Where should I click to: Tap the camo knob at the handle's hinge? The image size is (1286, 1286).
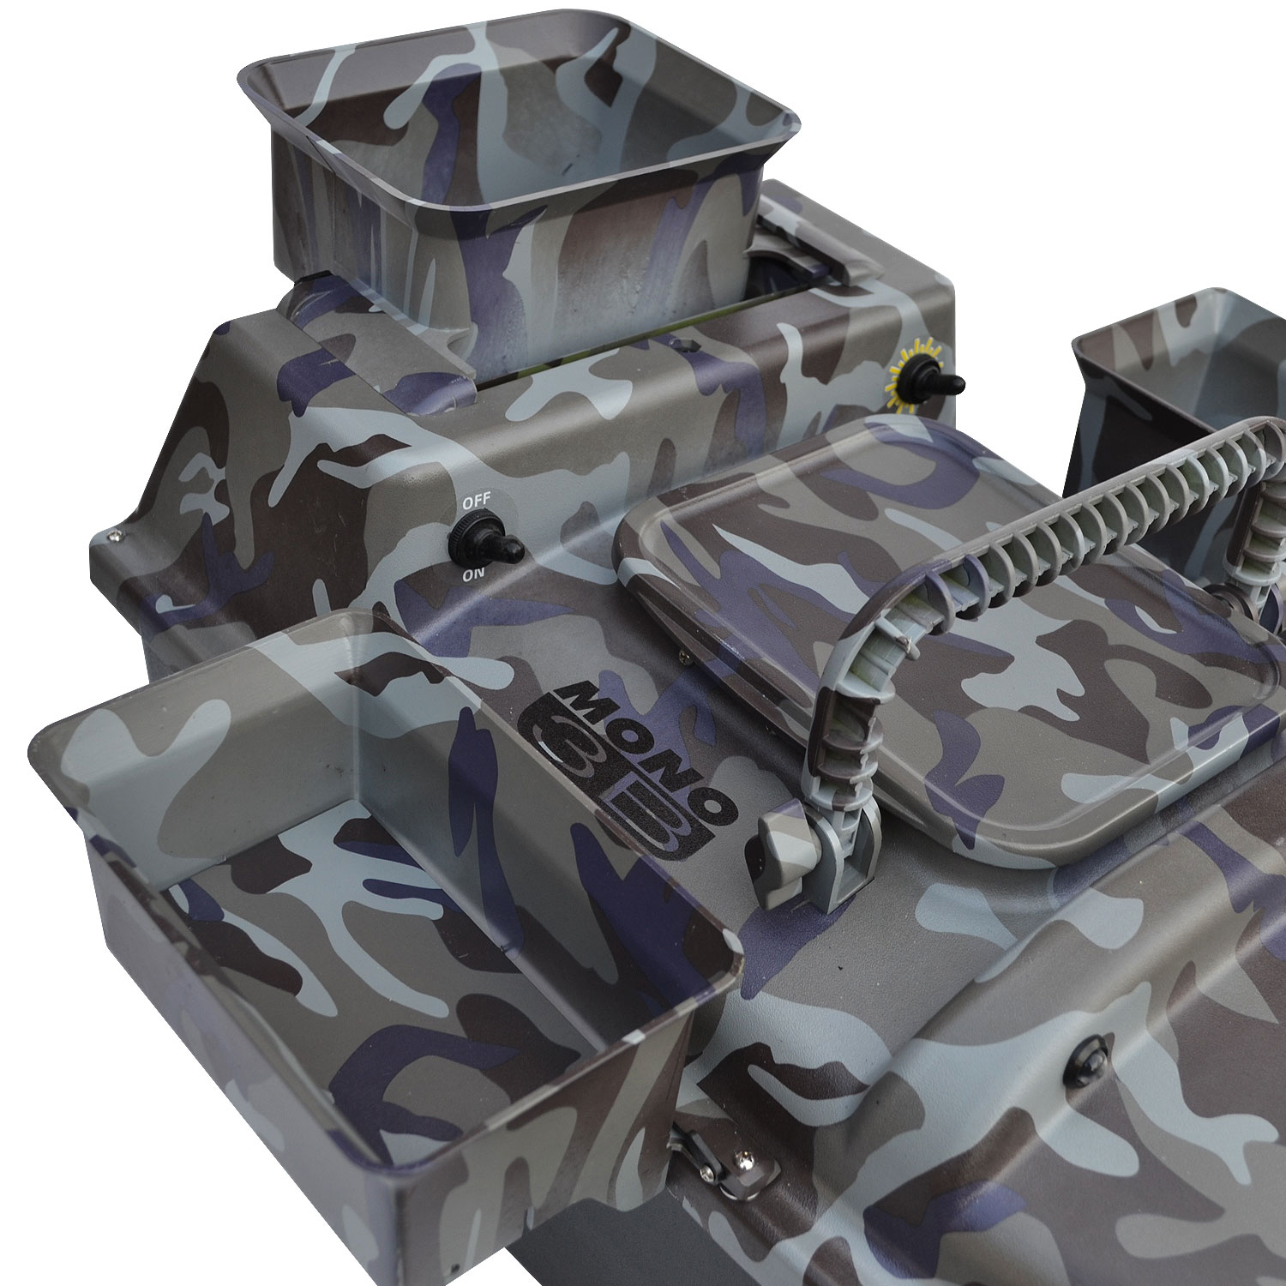coord(776,844)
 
